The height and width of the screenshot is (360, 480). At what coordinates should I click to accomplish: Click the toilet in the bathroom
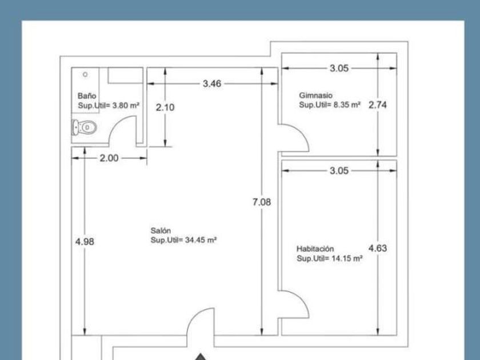pyautogui.click(x=84, y=127)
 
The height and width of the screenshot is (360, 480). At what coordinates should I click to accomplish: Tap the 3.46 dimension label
pyautogui.click(x=212, y=83)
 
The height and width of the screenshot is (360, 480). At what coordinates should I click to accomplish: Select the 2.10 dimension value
pyautogui.click(x=165, y=107)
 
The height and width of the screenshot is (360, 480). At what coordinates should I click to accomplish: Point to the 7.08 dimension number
pyautogui.click(x=262, y=202)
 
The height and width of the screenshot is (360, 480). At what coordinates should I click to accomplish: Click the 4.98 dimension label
pyautogui.click(x=85, y=242)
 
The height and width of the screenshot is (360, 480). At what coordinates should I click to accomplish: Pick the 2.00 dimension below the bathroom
pyautogui.click(x=109, y=158)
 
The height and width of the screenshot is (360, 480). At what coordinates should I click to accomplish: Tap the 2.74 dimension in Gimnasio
pyautogui.click(x=378, y=105)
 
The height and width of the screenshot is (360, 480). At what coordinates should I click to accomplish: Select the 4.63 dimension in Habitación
pyautogui.click(x=378, y=248)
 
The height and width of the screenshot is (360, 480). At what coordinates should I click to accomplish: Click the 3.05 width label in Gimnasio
pyautogui.click(x=339, y=68)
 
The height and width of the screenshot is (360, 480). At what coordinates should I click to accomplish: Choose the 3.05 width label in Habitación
pyautogui.click(x=339, y=171)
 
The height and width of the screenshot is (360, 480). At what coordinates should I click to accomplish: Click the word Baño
pyautogui.click(x=87, y=96)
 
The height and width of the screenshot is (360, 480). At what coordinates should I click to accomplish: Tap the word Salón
pyautogui.click(x=161, y=230)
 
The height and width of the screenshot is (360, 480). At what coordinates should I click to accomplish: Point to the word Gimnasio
pyautogui.click(x=315, y=95)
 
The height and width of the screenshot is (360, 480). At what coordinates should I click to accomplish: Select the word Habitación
pyautogui.click(x=315, y=249)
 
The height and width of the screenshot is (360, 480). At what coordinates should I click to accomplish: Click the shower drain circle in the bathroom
pyautogui.click(x=85, y=74)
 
